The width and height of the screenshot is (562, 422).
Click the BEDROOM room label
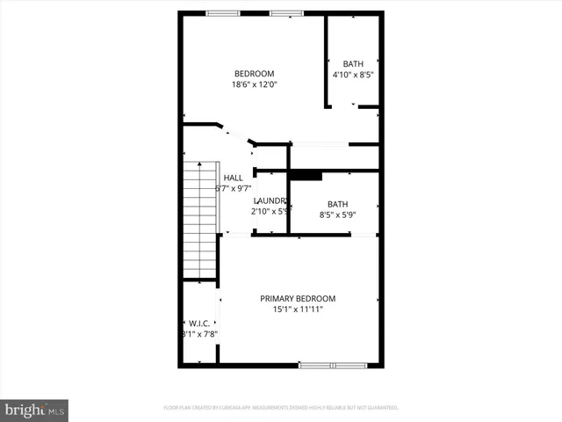click(x=254, y=74)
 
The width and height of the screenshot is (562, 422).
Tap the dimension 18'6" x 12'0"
click(x=254, y=85)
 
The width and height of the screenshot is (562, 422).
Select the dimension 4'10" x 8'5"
click(x=354, y=75)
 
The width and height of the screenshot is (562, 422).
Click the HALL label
click(x=233, y=178)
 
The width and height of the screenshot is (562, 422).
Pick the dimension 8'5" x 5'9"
click(x=337, y=214)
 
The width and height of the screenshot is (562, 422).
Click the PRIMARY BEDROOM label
click(x=298, y=299)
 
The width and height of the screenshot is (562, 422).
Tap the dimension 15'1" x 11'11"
click(x=298, y=310)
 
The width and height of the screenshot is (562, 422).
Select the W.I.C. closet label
click(x=198, y=323)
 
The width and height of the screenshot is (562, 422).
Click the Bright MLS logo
click(x=35, y=410)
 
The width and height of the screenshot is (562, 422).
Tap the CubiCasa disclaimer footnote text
click(x=281, y=408)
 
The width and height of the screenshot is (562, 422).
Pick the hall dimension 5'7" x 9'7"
click(x=234, y=188)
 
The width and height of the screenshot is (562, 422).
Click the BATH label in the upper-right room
click(x=353, y=63)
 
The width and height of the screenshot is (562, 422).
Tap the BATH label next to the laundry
click(x=337, y=203)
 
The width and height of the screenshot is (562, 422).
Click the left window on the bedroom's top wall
click(x=218, y=12)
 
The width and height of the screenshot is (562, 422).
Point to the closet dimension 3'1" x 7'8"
click(x=198, y=334)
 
